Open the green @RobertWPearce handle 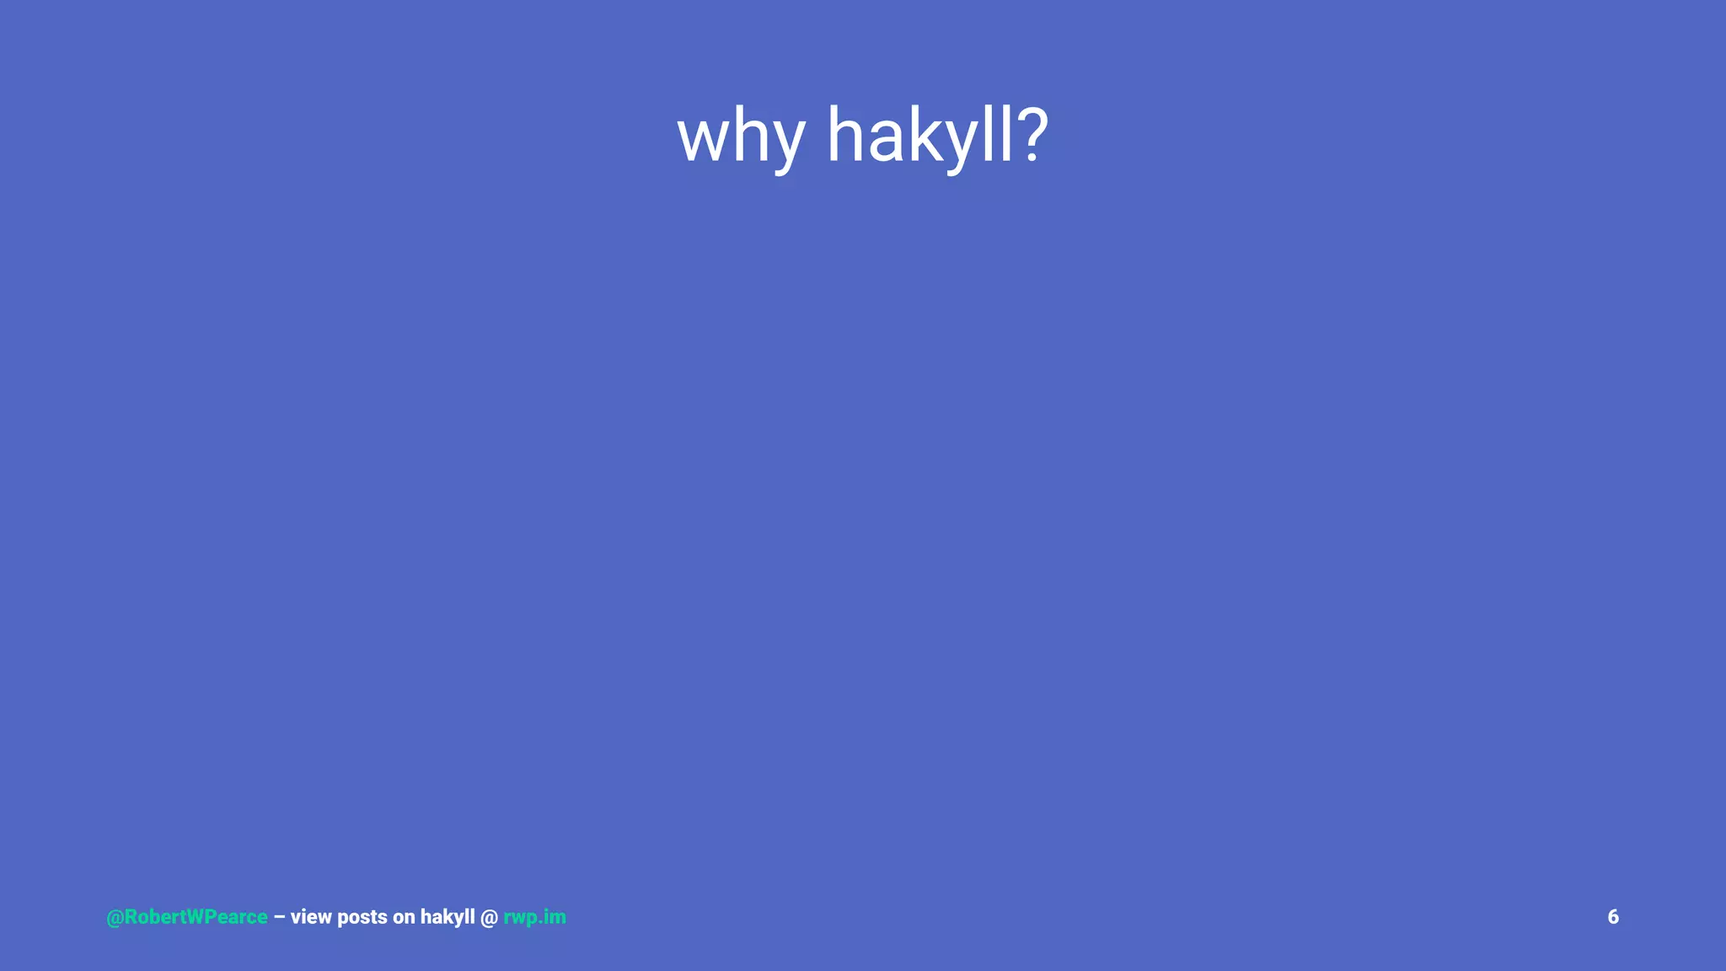[187, 917]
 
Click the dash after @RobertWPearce [279, 917]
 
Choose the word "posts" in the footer [362, 918]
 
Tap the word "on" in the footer [404, 918]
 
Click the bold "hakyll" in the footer [448, 917]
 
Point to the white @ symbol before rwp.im [489, 917]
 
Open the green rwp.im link [534, 917]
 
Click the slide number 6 [1613, 917]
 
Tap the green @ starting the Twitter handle [115, 917]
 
